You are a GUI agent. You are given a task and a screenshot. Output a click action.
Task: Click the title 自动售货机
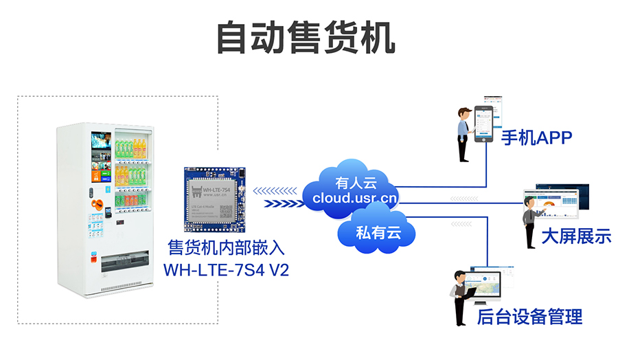306,38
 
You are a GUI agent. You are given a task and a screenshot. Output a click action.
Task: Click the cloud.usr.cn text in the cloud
354,199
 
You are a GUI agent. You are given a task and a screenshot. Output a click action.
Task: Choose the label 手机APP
536,138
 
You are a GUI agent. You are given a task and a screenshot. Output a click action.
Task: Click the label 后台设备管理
529,317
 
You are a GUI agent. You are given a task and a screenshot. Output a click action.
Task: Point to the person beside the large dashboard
529,223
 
